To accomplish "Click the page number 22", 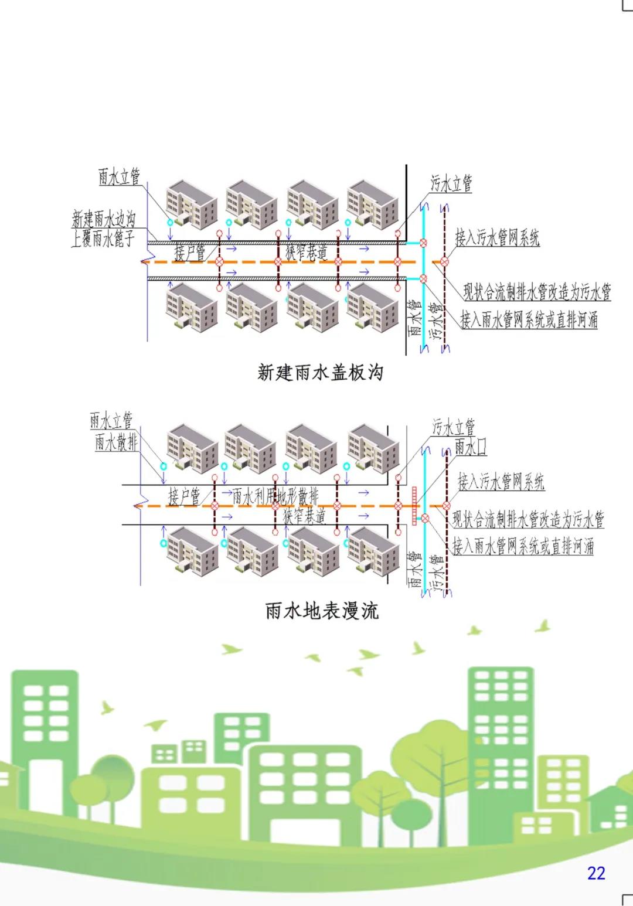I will (x=595, y=873).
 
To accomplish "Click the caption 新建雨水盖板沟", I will (x=320, y=372).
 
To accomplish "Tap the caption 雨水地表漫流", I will (x=322, y=611).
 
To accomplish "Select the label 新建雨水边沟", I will (x=104, y=219).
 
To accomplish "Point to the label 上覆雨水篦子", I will (x=103, y=239).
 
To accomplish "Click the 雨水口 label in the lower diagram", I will (x=471, y=447).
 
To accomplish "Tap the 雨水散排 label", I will (x=116, y=442).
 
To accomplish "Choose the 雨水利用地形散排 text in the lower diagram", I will (x=275, y=496).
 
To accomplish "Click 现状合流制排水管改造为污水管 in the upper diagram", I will (x=537, y=291).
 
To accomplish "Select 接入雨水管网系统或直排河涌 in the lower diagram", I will (x=523, y=546).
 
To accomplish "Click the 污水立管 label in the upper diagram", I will (x=451, y=183).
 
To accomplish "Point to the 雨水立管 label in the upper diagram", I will (x=120, y=176).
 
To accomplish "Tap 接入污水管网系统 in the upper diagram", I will (x=497, y=238).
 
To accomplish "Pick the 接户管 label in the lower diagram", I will (x=184, y=496).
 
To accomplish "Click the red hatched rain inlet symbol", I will (x=414, y=505).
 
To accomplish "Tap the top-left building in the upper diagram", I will (x=191, y=203).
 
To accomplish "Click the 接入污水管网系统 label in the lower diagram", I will (x=501, y=482).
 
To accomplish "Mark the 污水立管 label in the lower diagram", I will (x=454, y=427).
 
